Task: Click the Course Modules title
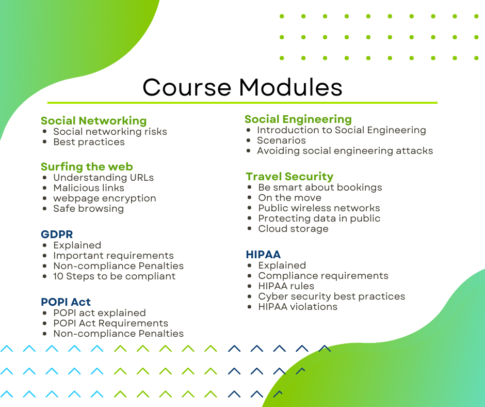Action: coord(242,87)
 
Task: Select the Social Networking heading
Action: coord(94,121)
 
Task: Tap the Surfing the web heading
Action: coord(87,167)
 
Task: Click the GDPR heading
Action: coord(57,234)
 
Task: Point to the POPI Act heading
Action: coord(66,302)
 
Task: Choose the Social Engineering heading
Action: coord(298,119)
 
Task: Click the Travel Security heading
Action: coord(289,177)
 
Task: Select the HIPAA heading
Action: coord(263,254)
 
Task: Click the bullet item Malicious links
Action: coord(89,187)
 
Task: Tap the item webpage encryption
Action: coord(105,198)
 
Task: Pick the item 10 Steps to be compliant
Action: coord(115,276)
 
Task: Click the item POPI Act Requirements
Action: coord(111,323)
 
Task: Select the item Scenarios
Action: coord(282,140)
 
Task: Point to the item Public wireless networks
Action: coord(319,208)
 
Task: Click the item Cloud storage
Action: coord(294,229)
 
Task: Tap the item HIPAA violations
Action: coord(298,307)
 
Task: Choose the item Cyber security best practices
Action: coord(332,296)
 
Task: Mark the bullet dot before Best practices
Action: coord(45,142)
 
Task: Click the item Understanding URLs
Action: coord(104,178)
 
